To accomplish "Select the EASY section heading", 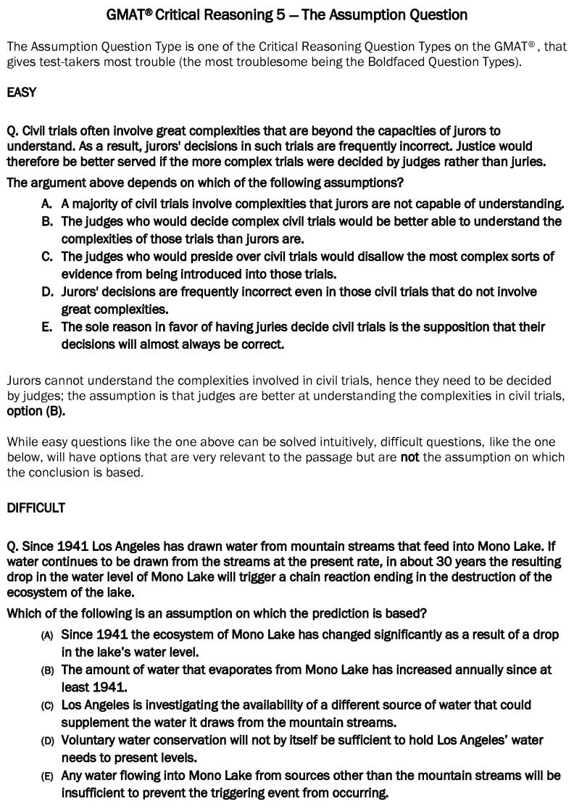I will (21, 92).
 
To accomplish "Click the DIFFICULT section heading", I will (36, 507).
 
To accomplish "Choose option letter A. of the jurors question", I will (47, 204).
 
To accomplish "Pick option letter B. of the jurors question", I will (47, 221).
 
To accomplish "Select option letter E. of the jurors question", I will (47, 327).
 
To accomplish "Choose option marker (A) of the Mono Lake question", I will (48, 635).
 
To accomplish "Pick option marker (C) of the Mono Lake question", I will (48, 705).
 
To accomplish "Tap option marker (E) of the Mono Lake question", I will (48, 776).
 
